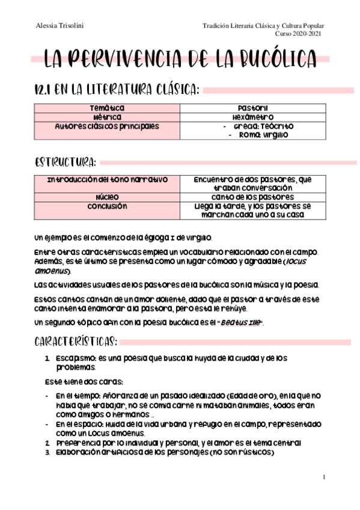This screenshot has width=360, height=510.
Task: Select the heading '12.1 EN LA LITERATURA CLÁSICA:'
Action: tap(116, 90)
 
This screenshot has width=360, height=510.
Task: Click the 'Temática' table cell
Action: tap(107, 108)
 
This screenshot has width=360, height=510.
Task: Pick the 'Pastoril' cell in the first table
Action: tap(252, 108)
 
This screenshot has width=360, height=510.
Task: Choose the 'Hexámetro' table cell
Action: tap(252, 117)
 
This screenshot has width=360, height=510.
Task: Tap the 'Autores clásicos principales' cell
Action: tap(107, 126)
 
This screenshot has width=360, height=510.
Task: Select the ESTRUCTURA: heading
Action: tap(65, 162)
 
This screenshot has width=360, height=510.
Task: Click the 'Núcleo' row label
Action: tap(107, 197)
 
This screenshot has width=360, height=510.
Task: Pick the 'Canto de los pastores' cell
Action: tap(252, 197)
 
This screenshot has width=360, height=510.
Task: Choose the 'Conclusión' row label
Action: tap(107, 206)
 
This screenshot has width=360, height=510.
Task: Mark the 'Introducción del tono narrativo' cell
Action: tap(107, 179)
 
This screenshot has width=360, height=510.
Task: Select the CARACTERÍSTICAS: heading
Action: tap(76, 342)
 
